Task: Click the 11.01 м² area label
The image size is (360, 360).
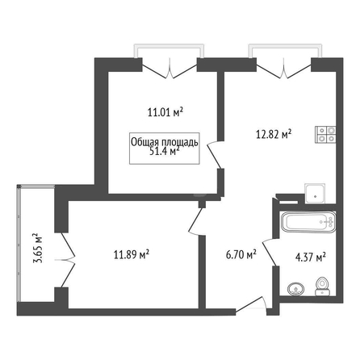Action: pyautogui.click(x=165, y=112)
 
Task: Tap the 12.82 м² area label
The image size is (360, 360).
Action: pyautogui.click(x=274, y=134)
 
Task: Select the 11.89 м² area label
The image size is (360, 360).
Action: pyautogui.click(x=132, y=254)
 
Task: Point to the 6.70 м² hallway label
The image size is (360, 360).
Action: pyautogui.click(x=241, y=254)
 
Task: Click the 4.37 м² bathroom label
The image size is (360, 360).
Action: pyautogui.click(x=311, y=257)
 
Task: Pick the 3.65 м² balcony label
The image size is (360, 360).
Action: pyautogui.click(x=38, y=248)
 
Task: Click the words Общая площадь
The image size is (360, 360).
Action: pyautogui.click(x=165, y=143)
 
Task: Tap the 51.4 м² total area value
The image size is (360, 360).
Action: pyautogui.click(x=165, y=152)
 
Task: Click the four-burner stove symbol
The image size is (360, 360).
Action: pyautogui.click(x=325, y=135)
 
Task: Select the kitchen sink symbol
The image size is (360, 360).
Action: pyautogui.click(x=315, y=194)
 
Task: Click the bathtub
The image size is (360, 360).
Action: pyautogui.click(x=308, y=222)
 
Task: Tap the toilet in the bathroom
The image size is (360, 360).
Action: pyautogui.click(x=322, y=287)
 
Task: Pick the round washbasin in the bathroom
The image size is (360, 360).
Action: pyautogui.click(x=296, y=289)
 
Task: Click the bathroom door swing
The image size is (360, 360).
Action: pyautogui.click(x=270, y=252)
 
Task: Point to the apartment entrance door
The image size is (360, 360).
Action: pyautogui.click(x=251, y=305)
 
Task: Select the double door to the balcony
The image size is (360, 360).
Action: pyautogui.click(x=65, y=260)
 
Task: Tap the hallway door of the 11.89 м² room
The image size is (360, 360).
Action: pyautogui.click(x=196, y=221)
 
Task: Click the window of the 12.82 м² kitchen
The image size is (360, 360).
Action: pyautogui.click(x=285, y=51)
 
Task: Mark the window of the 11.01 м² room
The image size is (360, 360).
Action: pyautogui.click(x=169, y=51)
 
